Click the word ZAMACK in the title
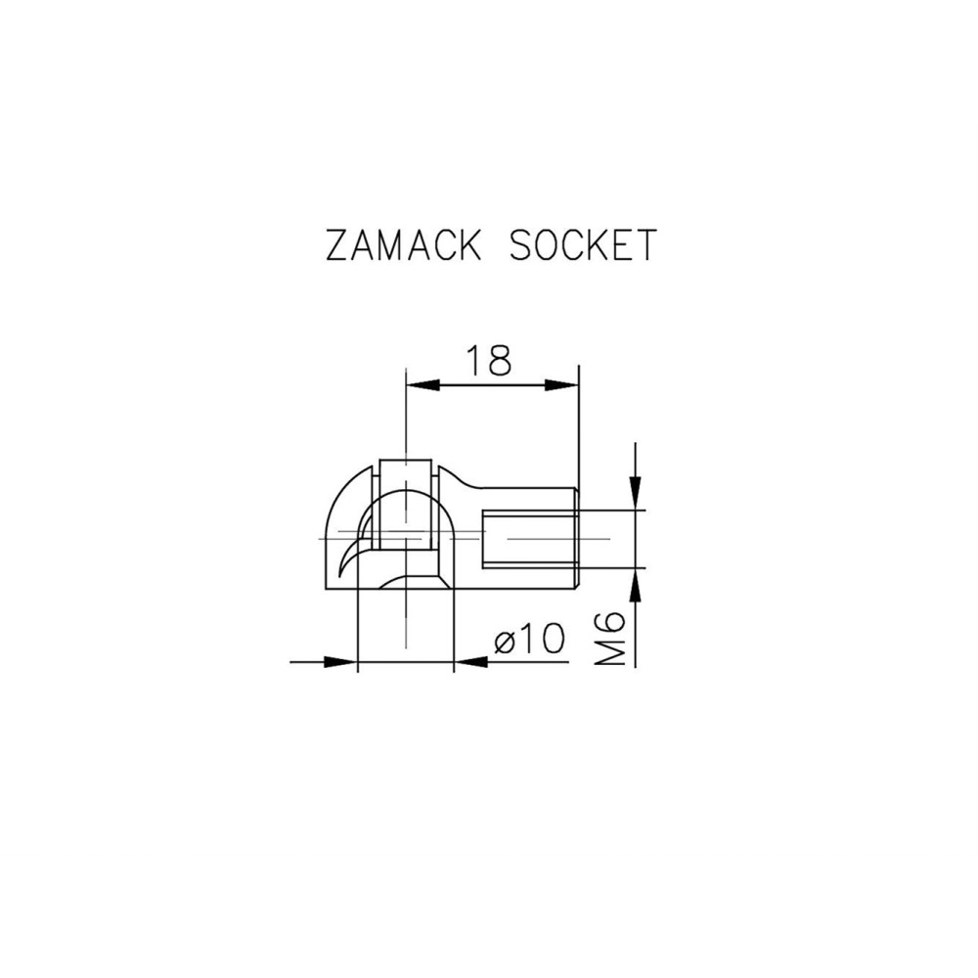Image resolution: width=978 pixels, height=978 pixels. pos(403,246)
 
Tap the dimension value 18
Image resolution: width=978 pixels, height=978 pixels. pos(487,361)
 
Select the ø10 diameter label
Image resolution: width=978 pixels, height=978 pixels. pos(529,641)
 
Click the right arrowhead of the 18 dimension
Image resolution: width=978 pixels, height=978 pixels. pos(566,385)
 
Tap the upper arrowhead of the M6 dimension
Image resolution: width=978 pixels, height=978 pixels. pos(636,495)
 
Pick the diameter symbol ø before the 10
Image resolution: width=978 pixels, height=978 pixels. pos(506,641)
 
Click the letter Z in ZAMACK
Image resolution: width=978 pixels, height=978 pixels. pos(338,246)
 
